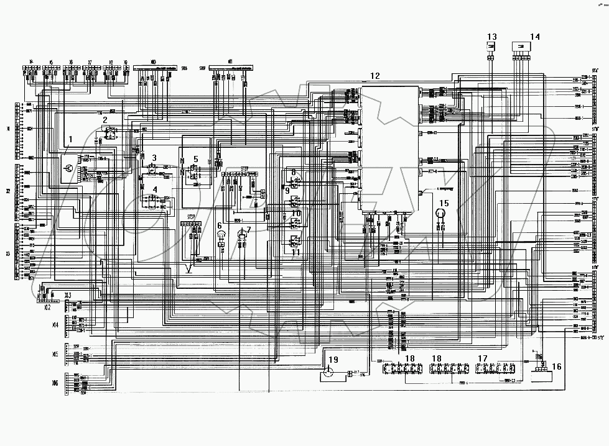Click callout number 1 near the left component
70,140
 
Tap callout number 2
105,119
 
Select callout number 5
195,158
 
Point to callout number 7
249,230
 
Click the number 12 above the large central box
374,76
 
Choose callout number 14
536,35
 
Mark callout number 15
444,203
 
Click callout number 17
482,358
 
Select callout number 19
333,360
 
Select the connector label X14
55,324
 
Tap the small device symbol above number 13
490,47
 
